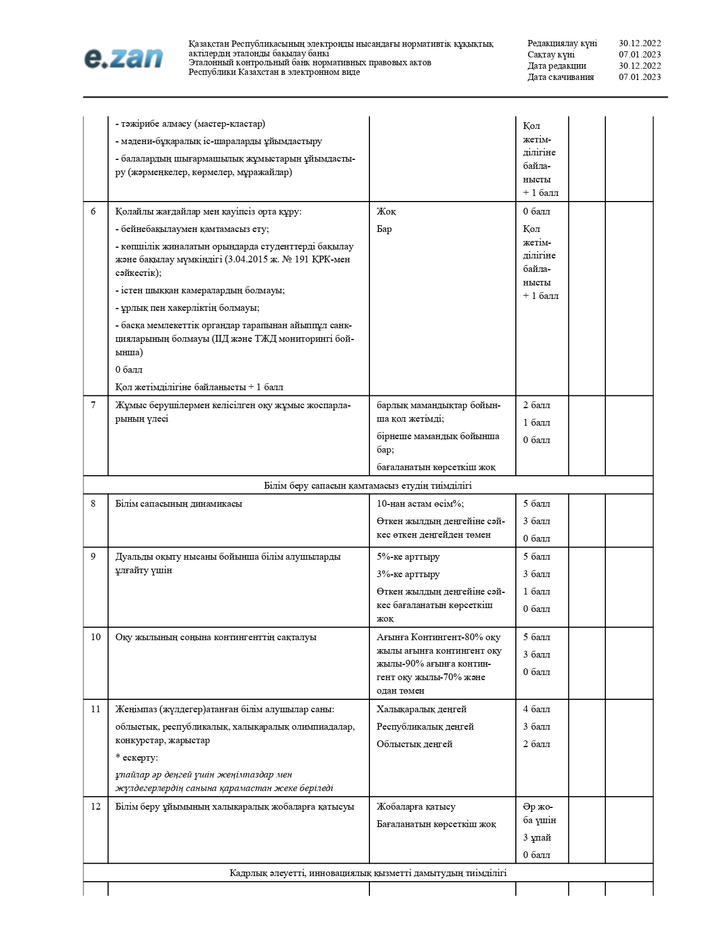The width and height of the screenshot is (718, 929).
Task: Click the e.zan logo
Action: (123, 58)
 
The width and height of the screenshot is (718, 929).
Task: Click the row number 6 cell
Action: (93, 212)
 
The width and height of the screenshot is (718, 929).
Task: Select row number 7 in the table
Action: (93, 405)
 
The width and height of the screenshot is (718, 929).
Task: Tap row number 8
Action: (93, 504)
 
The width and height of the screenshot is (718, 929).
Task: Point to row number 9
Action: (93, 557)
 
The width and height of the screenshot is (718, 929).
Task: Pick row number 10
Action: (95, 637)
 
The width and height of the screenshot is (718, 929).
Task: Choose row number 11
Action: (95, 709)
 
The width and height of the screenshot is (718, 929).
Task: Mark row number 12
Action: (95, 807)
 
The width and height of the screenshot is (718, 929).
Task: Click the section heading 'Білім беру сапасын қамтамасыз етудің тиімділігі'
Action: (368, 485)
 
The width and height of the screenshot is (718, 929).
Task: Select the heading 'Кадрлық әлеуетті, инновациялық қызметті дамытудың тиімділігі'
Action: (368, 873)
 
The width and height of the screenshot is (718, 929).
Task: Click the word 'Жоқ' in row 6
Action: (386, 212)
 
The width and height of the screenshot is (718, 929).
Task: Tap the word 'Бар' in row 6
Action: (384, 229)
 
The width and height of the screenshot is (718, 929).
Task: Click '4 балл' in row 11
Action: (536, 709)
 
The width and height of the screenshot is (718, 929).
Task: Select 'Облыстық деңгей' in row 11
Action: (414, 744)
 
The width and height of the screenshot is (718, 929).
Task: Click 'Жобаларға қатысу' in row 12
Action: (416, 807)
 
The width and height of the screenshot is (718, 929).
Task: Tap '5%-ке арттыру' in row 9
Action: (408, 557)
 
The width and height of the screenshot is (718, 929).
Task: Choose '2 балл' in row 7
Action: (536, 405)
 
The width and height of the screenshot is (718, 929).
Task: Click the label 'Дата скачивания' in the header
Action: (560, 77)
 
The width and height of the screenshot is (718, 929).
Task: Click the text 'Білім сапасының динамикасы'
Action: (179, 504)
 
